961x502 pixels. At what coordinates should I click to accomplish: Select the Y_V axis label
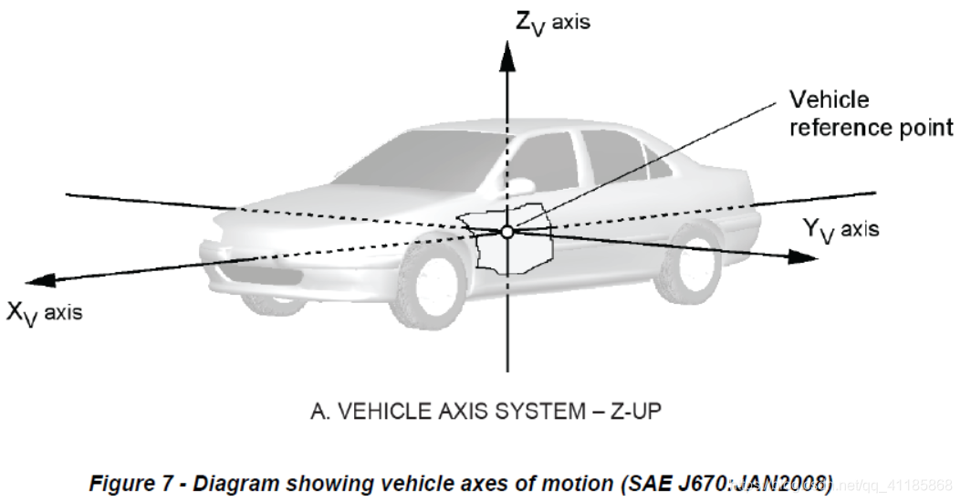coord(841,229)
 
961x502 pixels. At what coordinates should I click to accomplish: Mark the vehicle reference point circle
coord(507,232)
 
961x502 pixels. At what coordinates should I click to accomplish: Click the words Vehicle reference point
coord(870,113)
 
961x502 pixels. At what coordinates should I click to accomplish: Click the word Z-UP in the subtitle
coord(633,412)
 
